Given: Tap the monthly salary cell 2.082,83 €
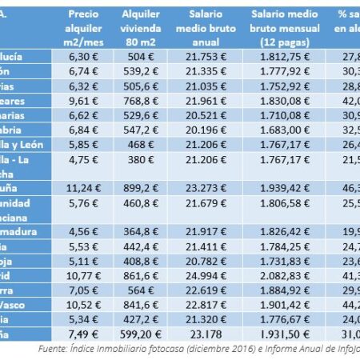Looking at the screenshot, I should click(x=286, y=274).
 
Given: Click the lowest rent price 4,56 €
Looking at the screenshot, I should click(x=83, y=230).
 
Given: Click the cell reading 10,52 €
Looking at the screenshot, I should click(x=83, y=303).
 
